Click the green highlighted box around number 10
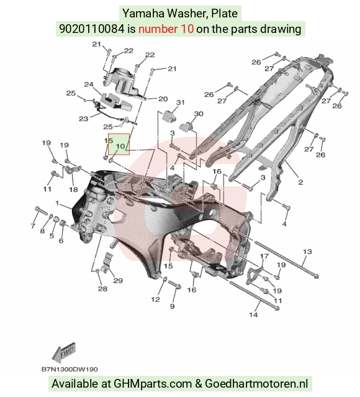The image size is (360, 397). click(119, 144)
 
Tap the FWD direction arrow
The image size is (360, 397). click(64, 352)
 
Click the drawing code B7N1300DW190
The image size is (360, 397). click(70, 370)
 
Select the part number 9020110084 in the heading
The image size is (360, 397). click(92, 29)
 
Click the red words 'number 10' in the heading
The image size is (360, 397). click(166, 29)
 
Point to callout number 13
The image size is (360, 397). click(307, 252)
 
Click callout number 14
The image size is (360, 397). click(253, 315)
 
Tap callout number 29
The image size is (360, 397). click(118, 281)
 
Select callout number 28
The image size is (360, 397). click(102, 289)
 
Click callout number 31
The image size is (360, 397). click(180, 103)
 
